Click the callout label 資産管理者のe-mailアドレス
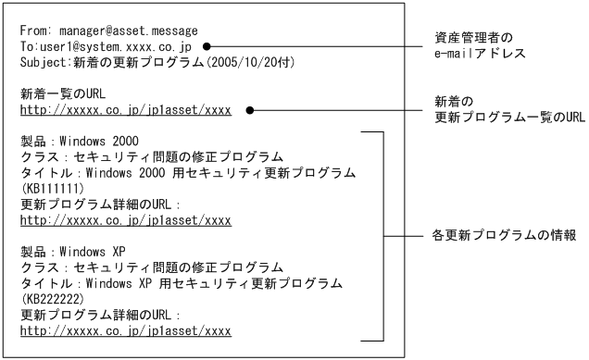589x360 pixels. (480, 45)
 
